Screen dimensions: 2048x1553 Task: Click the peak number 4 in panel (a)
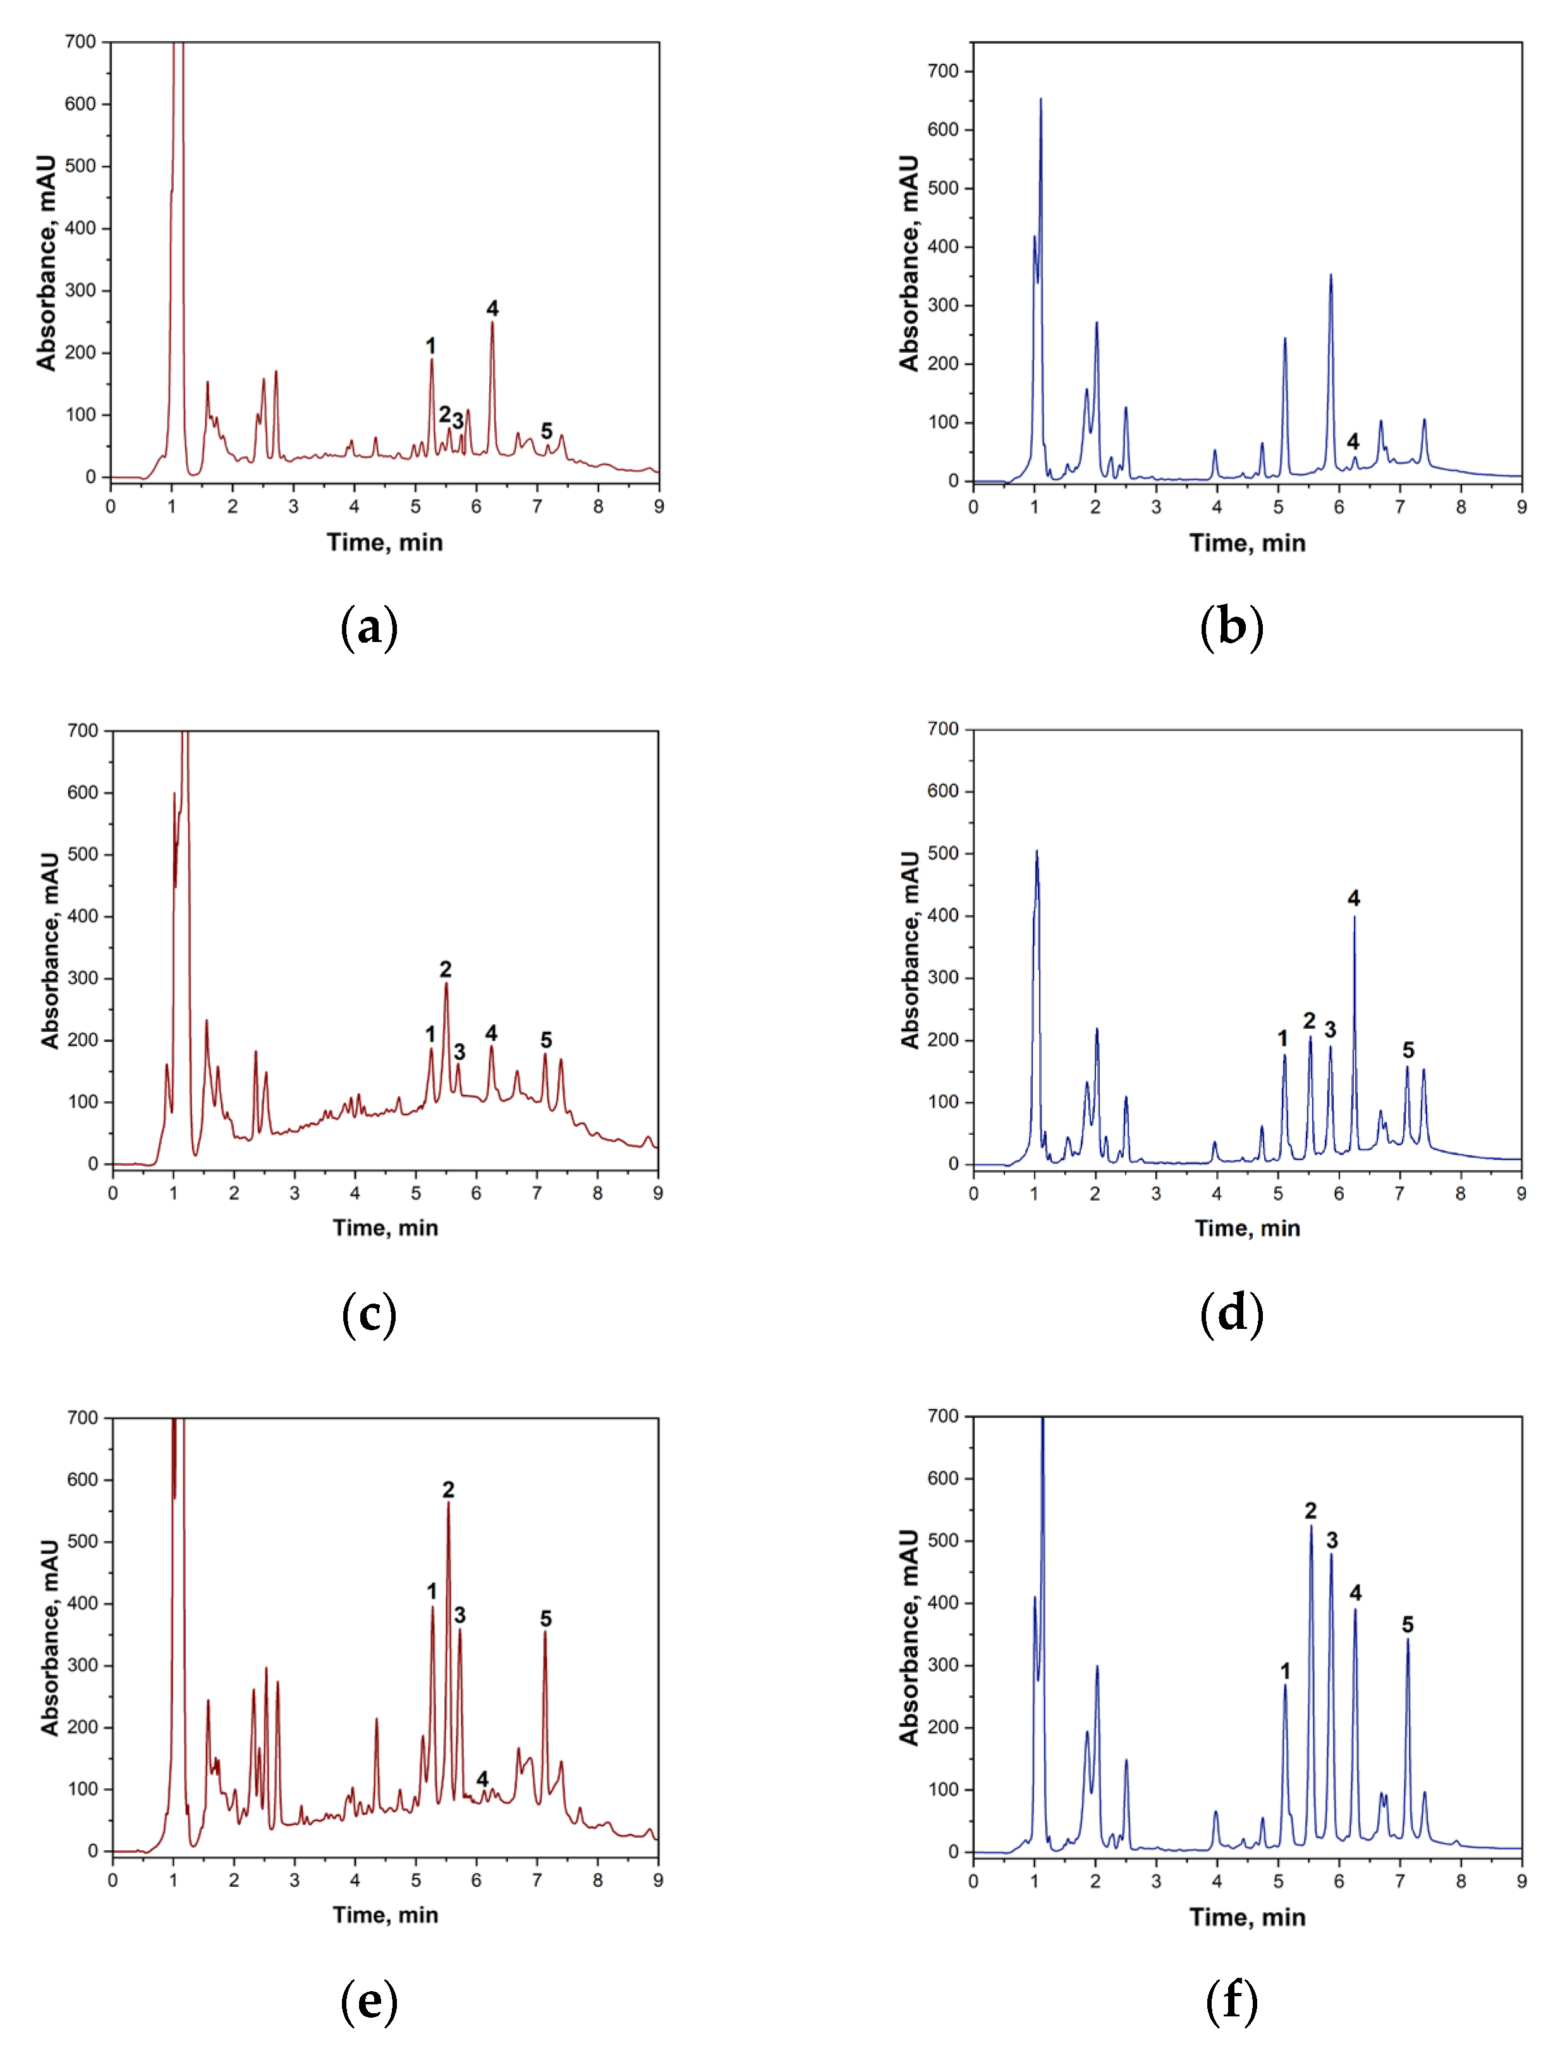pyautogui.click(x=492, y=308)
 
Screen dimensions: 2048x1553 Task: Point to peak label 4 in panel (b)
pyautogui.click(x=1353, y=442)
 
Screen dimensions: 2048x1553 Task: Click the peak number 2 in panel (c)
pyautogui.click(x=446, y=969)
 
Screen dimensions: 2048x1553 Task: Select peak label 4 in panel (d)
pyautogui.click(x=1354, y=898)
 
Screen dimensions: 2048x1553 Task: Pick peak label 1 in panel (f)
pyautogui.click(x=1284, y=1671)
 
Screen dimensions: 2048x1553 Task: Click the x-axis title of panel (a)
pyautogui.click(x=384, y=543)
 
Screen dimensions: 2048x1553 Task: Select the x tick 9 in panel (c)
pyautogui.click(x=657, y=1194)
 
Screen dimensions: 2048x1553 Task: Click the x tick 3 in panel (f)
pyautogui.click(x=1155, y=1881)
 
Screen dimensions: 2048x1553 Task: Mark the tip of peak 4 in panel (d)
pyautogui.click(x=1354, y=917)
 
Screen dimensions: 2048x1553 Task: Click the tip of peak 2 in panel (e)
pyautogui.click(x=448, y=1503)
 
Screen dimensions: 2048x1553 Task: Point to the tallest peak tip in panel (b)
pyautogui.click(x=1040, y=99)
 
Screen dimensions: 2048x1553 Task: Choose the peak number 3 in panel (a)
pyautogui.click(x=458, y=421)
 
